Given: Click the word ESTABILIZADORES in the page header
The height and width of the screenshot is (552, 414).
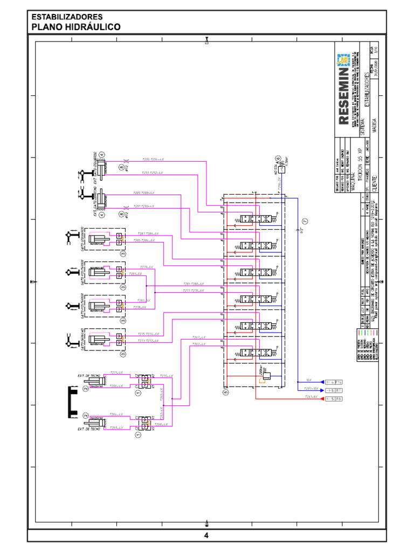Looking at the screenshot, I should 67,17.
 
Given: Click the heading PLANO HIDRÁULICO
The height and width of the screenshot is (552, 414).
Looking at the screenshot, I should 75,27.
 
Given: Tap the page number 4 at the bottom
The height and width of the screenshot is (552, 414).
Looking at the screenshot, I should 206,535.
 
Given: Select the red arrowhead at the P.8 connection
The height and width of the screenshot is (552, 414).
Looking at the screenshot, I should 322,398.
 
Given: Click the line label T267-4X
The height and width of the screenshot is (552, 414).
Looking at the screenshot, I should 199,337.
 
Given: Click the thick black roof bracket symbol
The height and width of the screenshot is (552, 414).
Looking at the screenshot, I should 70,402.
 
